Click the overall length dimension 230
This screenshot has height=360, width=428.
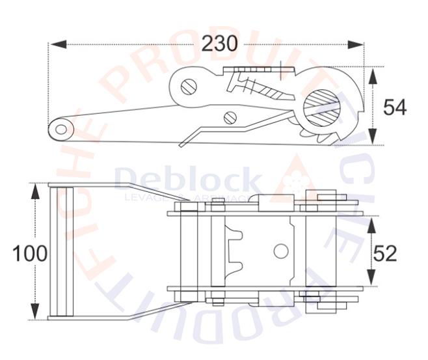point(219,44)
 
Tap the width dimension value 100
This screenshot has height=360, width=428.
point(30,253)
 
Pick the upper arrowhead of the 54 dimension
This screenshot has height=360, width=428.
point(372,74)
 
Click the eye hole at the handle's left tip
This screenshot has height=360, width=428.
point(61,128)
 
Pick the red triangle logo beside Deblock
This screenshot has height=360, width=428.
point(296,177)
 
